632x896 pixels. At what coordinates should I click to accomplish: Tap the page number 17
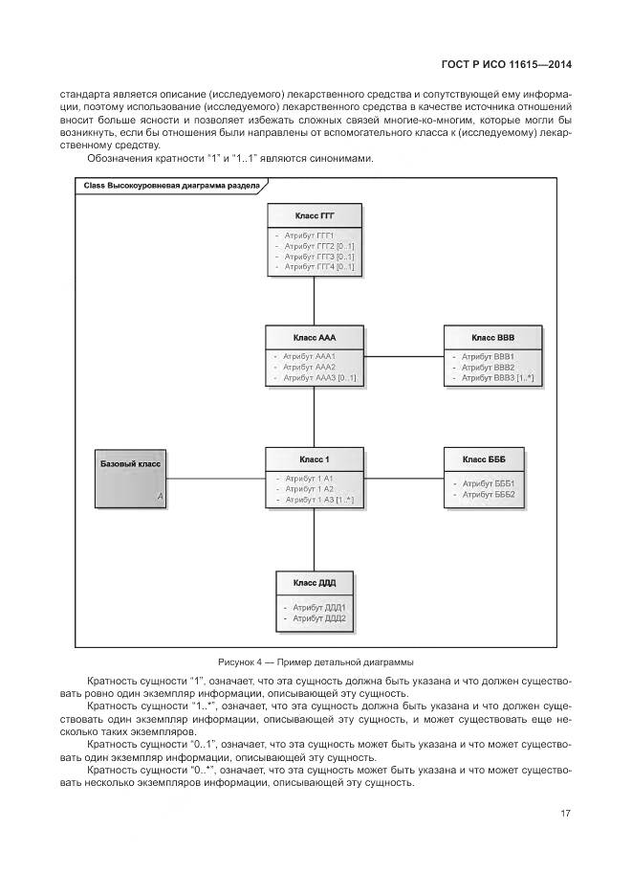(x=566, y=814)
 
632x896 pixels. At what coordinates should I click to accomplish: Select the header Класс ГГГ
(x=315, y=216)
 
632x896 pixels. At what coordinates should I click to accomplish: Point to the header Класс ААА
(x=315, y=338)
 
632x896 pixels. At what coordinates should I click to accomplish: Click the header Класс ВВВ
(x=492, y=338)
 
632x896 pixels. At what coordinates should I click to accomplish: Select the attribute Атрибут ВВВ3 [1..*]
(x=497, y=378)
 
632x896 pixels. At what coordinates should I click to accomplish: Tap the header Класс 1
(x=315, y=459)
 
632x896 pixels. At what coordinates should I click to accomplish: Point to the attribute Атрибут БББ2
(x=489, y=495)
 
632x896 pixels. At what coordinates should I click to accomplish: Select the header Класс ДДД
(x=315, y=582)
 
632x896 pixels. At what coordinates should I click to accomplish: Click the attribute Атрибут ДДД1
(x=315, y=607)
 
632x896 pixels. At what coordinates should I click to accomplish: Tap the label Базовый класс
(x=131, y=464)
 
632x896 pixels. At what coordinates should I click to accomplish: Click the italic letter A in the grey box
(x=161, y=496)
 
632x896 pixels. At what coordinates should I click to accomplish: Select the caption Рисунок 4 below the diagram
(x=315, y=661)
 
